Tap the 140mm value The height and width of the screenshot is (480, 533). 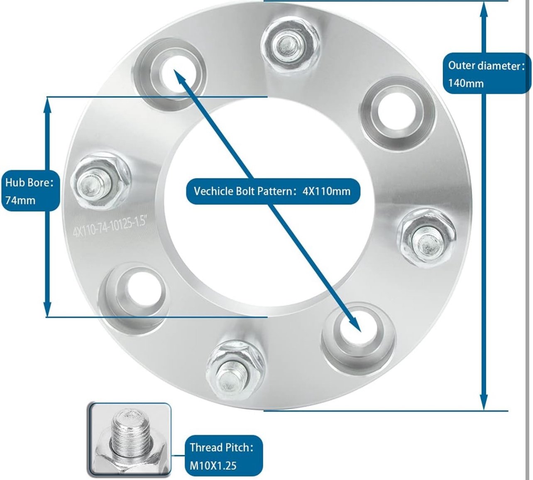[466, 83]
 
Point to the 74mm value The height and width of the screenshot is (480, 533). [20, 200]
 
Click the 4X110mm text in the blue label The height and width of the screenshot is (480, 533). [326, 191]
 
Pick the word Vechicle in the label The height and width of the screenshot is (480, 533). [213, 191]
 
